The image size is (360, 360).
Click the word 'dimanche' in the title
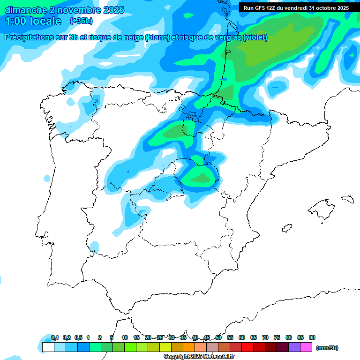coord(26,10)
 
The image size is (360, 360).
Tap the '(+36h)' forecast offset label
coord(81,21)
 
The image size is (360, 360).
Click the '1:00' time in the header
coord(17,22)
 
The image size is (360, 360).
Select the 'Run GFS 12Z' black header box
coord(296,8)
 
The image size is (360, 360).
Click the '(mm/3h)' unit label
coord(327,348)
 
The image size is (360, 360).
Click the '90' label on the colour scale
coord(312,337)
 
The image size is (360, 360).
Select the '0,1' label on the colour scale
coord(54,337)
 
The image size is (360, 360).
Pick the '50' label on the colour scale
coord(218,337)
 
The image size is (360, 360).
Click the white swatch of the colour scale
coord(48,347)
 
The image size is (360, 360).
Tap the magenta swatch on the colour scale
coord(306,347)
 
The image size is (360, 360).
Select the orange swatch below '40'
coord(189,347)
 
